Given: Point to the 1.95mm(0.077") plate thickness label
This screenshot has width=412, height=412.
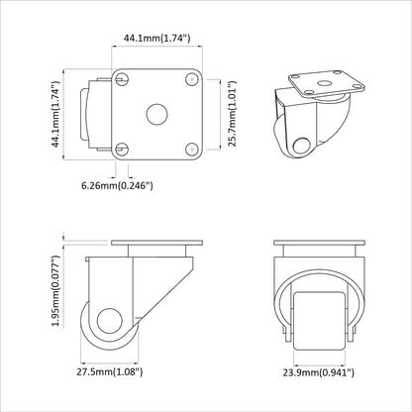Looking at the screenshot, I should click(57, 289).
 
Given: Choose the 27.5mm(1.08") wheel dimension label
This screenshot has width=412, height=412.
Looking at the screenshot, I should click(111, 372).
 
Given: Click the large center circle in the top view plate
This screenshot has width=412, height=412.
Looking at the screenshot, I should click(155, 113).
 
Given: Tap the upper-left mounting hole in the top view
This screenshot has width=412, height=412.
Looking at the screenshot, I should click(123, 80).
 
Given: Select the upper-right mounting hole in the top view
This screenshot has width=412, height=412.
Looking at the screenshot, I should click(188, 80).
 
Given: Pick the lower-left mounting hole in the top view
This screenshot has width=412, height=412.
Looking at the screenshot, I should click(123, 147).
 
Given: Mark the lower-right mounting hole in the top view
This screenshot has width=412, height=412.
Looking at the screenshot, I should click(188, 147).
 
